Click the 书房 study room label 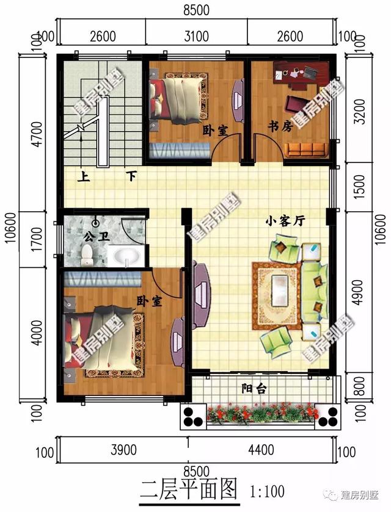[x=280, y=126]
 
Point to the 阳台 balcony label [x=254, y=389]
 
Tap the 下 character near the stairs [x=131, y=177]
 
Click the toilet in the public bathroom [x=87, y=256]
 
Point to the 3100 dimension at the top [x=197, y=35]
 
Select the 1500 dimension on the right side [x=360, y=186]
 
